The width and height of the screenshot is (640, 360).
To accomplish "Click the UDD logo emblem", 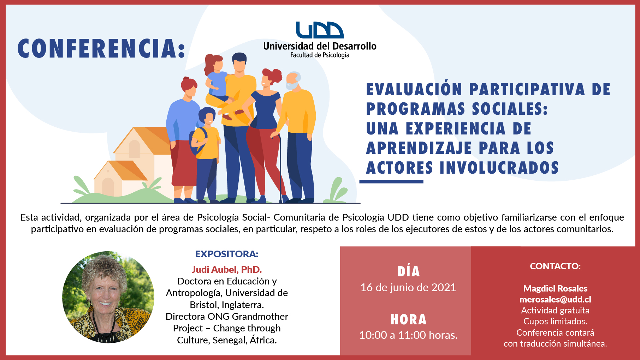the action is tap(320, 30).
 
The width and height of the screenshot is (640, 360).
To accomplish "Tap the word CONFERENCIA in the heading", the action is tap(97, 48).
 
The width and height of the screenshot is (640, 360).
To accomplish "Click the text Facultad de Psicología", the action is tap(320, 55).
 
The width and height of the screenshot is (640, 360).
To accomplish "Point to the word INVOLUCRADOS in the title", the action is tap(499, 168).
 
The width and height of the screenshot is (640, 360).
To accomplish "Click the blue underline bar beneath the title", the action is tap(391, 181).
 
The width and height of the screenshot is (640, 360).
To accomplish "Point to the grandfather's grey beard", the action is tap(292, 86).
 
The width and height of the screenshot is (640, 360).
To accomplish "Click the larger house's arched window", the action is tap(134, 149).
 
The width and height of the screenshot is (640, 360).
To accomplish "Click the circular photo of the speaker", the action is tap(108, 297).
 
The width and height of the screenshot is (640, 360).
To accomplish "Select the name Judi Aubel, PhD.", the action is tap(227, 270).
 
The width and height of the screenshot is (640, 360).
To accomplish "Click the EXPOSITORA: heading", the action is tap(227, 254).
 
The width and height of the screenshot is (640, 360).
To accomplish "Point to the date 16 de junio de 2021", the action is tap(408, 288).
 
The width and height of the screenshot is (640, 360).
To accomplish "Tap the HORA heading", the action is tap(408, 320).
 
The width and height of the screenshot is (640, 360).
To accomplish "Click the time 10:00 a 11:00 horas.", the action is tap(408, 335).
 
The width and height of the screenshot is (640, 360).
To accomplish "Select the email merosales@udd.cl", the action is tap(555, 300).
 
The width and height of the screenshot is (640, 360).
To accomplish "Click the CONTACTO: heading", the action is tap(555, 266).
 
